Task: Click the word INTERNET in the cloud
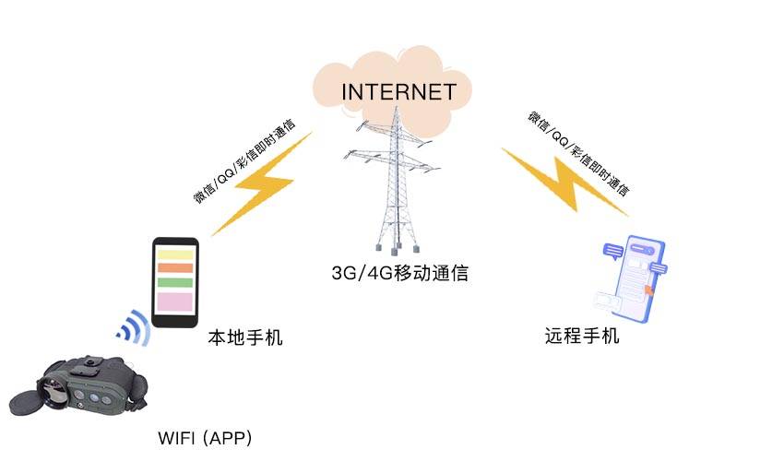pos(398,92)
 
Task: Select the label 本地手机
pos(244,338)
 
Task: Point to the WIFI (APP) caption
pos(205,437)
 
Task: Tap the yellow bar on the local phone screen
pos(173,254)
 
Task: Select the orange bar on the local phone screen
pos(173,268)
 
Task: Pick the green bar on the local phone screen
pos(173,281)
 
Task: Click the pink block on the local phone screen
pos(173,301)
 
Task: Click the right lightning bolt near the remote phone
pos(564,180)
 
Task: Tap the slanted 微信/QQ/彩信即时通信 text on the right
pos(578,154)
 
